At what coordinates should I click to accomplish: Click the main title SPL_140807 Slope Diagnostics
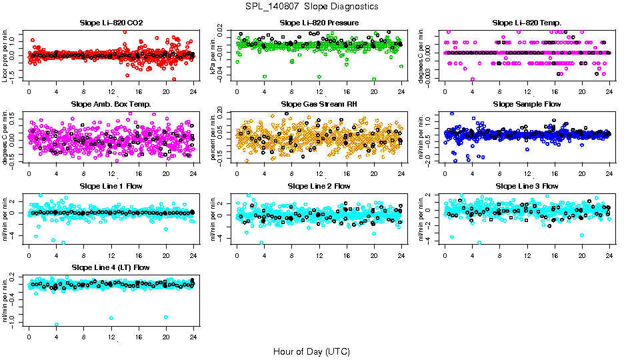coord(311,6)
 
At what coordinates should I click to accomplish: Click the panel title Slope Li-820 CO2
coord(111,23)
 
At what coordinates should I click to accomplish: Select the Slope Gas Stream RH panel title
coord(319,104)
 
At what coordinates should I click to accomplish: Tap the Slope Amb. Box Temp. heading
coord(111,104)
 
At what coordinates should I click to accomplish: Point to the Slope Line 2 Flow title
coord(319,186)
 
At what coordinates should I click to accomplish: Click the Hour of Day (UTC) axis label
coord(311,351)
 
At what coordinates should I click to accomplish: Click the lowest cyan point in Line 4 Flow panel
coord(57,325)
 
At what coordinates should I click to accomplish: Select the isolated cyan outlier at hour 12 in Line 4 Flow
coord(111,318)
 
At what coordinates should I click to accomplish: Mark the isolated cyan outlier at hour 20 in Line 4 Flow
coord(165,317)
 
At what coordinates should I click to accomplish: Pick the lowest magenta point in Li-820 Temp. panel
coord(473,79)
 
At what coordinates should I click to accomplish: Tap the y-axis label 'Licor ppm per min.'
coord(5,55)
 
